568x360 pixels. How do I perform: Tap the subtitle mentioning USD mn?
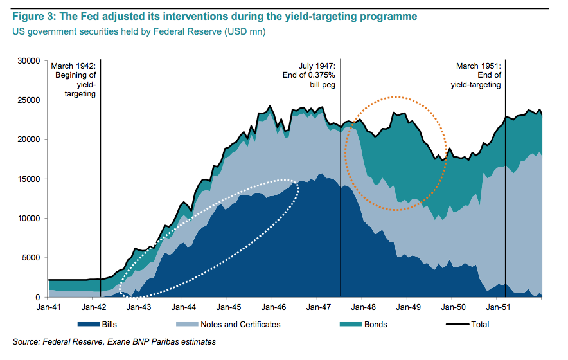[139, 31]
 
